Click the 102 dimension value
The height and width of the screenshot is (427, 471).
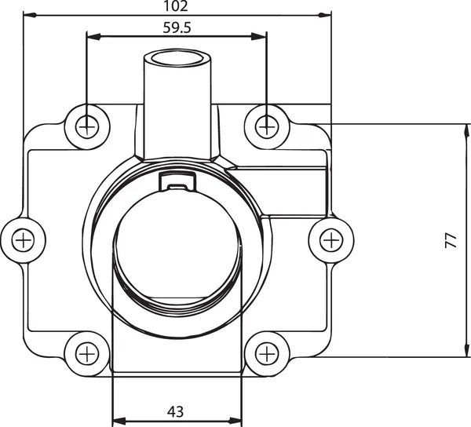[x=177, y=6]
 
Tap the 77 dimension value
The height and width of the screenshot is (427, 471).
[x=451, y=240]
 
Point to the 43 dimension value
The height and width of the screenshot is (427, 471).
[x=176, y=411]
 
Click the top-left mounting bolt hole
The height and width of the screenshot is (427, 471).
[x=86, y=124]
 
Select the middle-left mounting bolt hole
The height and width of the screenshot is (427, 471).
[x=24, y=239]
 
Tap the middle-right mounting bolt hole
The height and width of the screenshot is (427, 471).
[x=330, y=239]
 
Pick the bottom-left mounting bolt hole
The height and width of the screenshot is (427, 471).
[x=86, y=353]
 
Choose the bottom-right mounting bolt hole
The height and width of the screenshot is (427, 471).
[x=267, y=353]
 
